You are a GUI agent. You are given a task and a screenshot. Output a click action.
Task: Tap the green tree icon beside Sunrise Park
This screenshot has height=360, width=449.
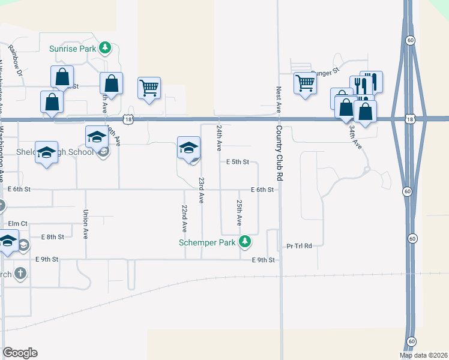click(105, 47)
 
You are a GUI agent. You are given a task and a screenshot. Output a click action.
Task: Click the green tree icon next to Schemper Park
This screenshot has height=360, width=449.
click(244, 242)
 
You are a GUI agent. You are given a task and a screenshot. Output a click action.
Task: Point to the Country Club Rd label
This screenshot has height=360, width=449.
click(280, 152)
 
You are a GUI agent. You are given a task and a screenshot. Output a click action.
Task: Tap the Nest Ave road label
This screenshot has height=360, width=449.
click(279, 99)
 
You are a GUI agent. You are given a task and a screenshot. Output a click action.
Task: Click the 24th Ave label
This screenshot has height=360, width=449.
click(220, 137)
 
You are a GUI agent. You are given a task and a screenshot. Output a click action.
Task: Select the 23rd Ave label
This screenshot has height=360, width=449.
click(202, 190)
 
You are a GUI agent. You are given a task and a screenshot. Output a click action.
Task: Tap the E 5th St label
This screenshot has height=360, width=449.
click(238, 162)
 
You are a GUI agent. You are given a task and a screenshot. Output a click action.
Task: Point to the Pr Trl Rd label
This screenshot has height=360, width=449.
click(300, 246)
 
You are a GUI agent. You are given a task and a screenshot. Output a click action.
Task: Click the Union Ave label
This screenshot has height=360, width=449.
click(86, 224)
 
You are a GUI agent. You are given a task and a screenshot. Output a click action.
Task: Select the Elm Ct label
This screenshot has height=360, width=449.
click(18, 223)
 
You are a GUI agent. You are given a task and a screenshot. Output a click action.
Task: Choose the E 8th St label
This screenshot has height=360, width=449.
click(52, 237)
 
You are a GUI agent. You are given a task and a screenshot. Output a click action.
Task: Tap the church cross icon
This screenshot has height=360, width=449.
click(20, 274)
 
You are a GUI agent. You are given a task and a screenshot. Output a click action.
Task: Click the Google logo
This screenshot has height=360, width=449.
click(20, 352)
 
